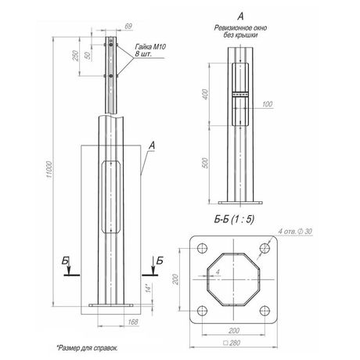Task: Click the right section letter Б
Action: tap(160, 259)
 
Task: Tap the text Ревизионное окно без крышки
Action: tap(238, 31)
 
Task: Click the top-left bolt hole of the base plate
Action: tap(203, 249)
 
